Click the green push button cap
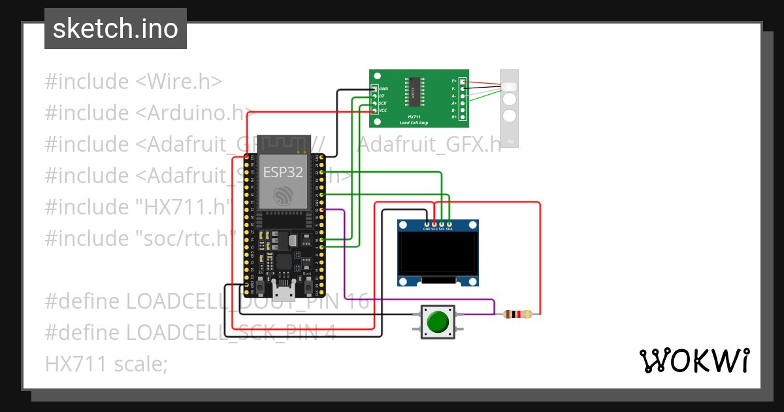437,322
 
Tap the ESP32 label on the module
284,172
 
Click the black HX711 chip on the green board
412,91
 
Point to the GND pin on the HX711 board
375,89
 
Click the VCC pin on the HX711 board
375,111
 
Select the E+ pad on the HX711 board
463,81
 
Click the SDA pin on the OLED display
449,225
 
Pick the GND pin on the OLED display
427,225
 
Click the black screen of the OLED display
437,255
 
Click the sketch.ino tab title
116,29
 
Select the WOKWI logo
694,361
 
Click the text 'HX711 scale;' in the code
106,364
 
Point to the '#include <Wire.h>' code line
133,82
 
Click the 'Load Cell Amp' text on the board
413,122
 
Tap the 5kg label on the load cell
510,141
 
